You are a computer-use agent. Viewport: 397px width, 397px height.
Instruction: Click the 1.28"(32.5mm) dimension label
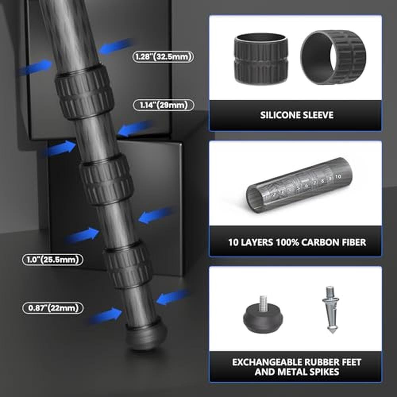[x=163, y=56]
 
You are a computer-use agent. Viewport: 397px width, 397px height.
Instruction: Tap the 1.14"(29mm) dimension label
[x=164, y=105]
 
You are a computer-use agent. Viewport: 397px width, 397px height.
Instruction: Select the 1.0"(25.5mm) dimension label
[x=53, y=260]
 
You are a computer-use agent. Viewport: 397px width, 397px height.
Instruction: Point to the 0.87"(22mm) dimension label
[x=53, y=308]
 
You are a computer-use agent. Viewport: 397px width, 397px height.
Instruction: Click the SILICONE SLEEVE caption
[x=297, y=115]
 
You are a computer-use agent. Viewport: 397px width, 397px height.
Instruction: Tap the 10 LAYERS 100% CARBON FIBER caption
[x=297, y=242]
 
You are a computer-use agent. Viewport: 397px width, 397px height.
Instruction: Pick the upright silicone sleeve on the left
[x=261, y=58]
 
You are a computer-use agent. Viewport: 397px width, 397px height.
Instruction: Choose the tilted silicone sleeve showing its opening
[x=333, y=58]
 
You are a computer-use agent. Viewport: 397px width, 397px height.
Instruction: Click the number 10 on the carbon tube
[x=338, y=177]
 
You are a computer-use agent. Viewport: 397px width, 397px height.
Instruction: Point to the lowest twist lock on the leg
[x=128, y=264]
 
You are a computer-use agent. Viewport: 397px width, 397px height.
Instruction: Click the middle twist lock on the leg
[x=106, y=179]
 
